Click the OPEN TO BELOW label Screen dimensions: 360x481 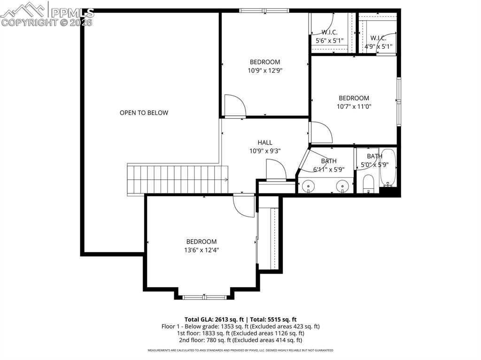tap(144, 113)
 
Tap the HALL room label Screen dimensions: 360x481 tap(264, 143)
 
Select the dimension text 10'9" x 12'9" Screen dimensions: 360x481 tap(265, 70)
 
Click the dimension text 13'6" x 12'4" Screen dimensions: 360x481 tap(201, 250)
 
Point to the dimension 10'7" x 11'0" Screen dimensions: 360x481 tap(354, 107)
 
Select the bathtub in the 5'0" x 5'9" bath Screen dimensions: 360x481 tap(388, 168)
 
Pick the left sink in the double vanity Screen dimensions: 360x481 tap(309, 186)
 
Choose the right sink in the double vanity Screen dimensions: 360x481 tap(343, 186)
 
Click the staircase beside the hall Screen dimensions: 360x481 tap(177, 179)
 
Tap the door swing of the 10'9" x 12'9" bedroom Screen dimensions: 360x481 tap(234, 105)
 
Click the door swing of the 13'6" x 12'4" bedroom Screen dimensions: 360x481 tap(243, 206)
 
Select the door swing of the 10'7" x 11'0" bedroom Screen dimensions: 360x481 tap(320, 132)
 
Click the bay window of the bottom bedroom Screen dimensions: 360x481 tap(204, 297)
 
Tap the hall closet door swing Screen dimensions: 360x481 tap(275, 170)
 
